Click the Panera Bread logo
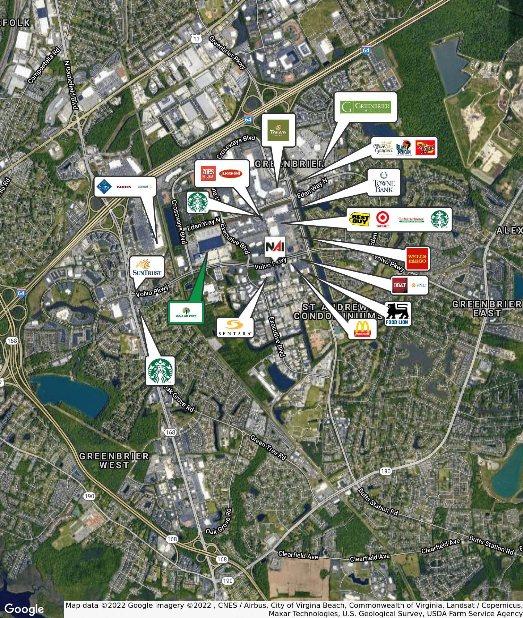pos(278,130)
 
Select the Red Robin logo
pos(426,148)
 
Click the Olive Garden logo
pos(383,148)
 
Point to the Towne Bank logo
pos(384,182)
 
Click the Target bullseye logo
pos(382,219)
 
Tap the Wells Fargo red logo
pos(417,259)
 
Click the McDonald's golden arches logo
pos(362,329)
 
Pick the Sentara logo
pos(235,328)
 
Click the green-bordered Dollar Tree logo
pos(186,312)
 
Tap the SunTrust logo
pos(147,267)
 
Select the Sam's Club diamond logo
pos(103,187)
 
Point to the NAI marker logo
pos(275,247)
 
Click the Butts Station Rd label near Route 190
pos(378,502)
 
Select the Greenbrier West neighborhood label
pos(114,461)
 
